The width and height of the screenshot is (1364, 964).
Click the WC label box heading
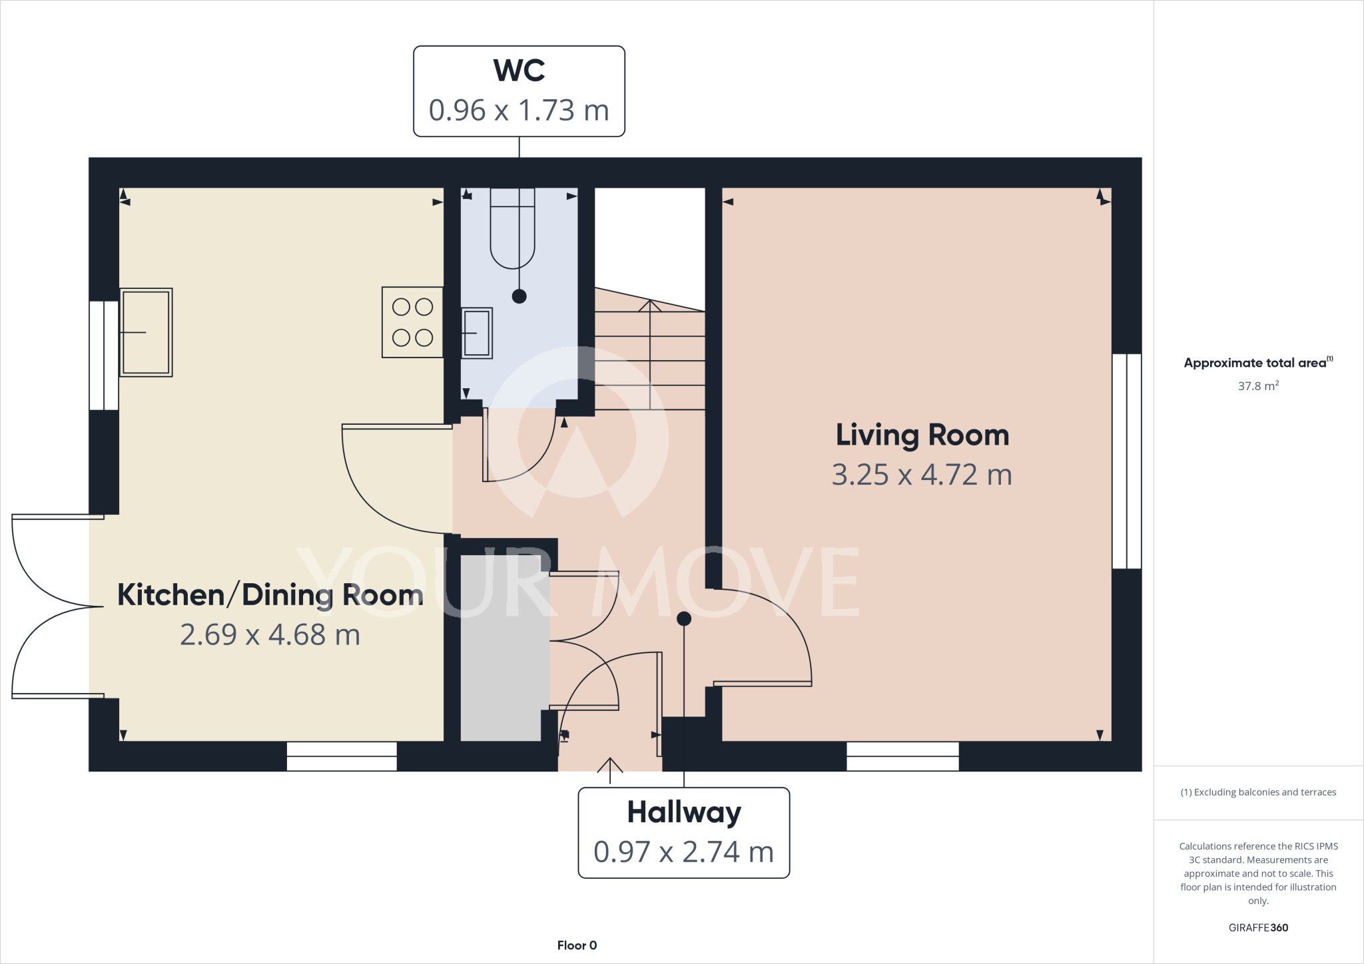[519, 71]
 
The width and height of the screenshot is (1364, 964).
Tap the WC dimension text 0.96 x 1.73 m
[519, 111]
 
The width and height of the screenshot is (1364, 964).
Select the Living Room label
[922, 435]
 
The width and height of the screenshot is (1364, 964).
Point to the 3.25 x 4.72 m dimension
[922, 475]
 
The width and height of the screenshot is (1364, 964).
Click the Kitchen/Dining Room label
[270, 595]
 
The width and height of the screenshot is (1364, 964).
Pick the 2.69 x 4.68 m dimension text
[270, 635]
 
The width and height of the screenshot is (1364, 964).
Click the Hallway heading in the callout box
[684, 812]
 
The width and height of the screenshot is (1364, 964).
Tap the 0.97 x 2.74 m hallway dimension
[684, 852]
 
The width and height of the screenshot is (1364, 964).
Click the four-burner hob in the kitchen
[412, 322]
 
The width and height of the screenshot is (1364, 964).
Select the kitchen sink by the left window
[146, 332]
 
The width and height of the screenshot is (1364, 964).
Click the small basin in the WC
[477, 333]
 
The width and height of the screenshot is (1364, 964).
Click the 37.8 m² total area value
[1257, 386]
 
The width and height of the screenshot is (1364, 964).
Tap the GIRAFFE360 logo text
[1257, 927]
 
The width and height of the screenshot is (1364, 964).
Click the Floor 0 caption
[577, 945]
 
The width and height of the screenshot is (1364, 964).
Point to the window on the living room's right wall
[1126, 461]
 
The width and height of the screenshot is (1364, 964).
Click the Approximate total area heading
[1257, 363]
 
